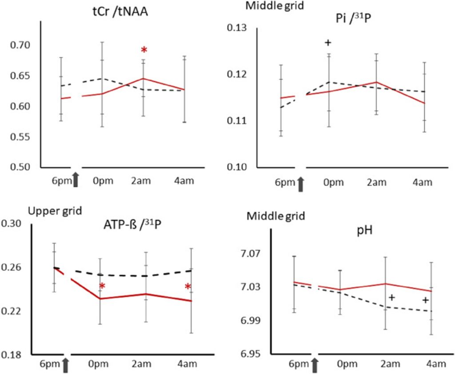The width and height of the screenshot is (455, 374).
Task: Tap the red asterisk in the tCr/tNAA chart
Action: (144, 50)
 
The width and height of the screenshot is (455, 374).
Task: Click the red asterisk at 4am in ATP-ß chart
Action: (188, 286)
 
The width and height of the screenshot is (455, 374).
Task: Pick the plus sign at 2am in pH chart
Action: (391, 298)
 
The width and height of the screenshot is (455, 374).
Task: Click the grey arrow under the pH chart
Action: (315, 366)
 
